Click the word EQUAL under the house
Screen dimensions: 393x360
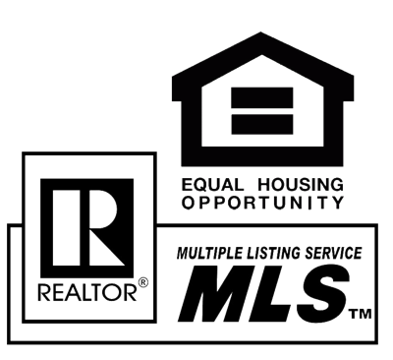[x=213, y=185]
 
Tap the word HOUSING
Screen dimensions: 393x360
[x=301, y=185]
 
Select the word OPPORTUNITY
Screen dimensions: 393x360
[x=262, y=203]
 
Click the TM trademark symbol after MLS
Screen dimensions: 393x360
[x=361, y=314]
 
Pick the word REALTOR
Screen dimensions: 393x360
[x=87, y=292]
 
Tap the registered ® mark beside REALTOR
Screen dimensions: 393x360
[x=142, y=282]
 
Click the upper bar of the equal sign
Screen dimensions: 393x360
[x=262, y=97]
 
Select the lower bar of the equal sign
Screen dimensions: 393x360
[x=262, y=124]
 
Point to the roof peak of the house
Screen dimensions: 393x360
[x=260, y=32]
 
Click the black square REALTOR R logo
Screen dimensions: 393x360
[x=87, y=228]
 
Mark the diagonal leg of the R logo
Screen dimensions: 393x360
[x=106, y=248]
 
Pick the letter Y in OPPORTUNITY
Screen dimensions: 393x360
[x=337, y=203]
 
